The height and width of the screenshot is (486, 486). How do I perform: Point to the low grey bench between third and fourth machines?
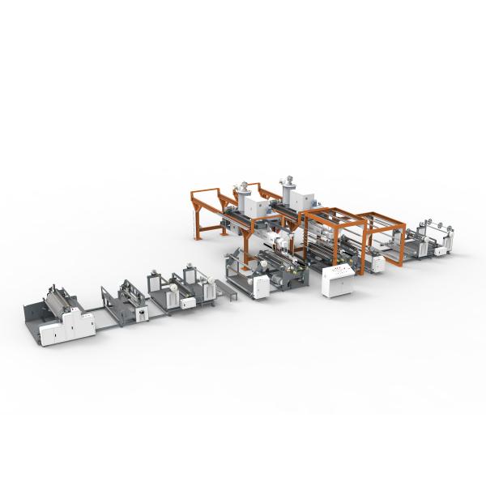pyautogui.click(x=225, y=288)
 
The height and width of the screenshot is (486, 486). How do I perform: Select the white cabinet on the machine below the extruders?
pyautogui.click(x=262, y=286)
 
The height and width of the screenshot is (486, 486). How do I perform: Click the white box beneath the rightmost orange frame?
pyautogui.click(x=376, y=262)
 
